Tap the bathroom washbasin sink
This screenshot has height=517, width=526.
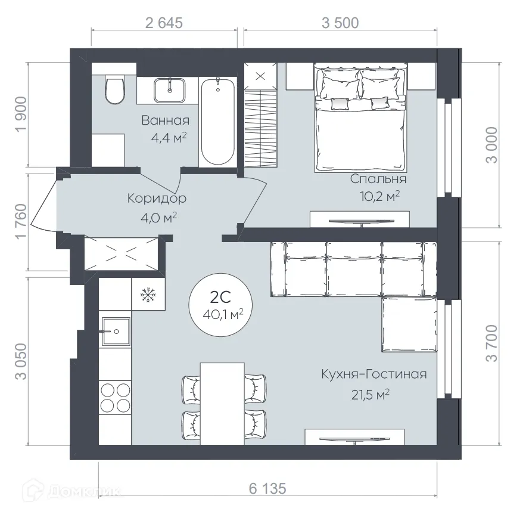tap(172, 90)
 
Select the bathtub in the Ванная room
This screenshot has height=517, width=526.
tap(217, 122)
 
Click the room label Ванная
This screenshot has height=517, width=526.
tap(165, 120)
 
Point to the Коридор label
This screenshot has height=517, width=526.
tap(157, 198)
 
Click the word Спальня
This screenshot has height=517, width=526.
tap(378, 179)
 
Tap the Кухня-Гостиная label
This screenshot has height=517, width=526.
tap(374, 374)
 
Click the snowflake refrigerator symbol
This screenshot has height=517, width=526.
tap(147, 295)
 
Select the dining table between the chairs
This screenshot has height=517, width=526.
tap(222, 403)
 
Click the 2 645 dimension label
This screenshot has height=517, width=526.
tap(163, 23)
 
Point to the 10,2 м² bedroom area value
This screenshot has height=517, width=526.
tap(379, 196)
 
